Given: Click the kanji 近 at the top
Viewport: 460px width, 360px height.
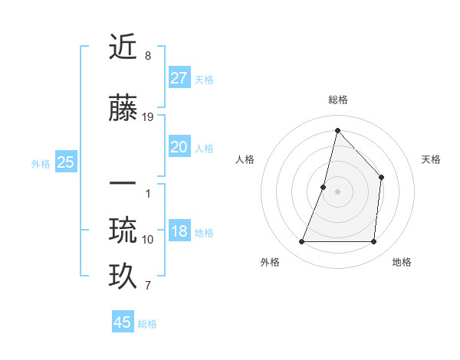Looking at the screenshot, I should coord(123,48).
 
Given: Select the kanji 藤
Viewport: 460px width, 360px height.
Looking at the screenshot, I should coord(123,110).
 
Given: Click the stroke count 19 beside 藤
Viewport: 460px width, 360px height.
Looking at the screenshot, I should coord(148,117).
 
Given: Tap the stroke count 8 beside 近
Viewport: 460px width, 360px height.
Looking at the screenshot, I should coord(148,56).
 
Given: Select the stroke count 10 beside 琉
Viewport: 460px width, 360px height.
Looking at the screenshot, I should coord(148,240).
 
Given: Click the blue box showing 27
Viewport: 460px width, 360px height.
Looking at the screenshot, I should coord(179,77).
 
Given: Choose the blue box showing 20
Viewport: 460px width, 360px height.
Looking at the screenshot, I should coord(179,147).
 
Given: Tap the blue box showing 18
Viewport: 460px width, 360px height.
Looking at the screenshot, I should coord(179,231).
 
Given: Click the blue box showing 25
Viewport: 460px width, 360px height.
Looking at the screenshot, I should coord(66,162).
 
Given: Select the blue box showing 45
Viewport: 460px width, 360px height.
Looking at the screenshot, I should coord(123,322).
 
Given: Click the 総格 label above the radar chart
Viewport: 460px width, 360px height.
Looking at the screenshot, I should coord(338,100).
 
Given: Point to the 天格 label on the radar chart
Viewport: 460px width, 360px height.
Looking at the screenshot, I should coord(431,159).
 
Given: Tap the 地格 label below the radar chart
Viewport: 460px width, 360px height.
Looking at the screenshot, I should coord(402,262).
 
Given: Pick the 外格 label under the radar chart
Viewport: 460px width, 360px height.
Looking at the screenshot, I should coord(270,262).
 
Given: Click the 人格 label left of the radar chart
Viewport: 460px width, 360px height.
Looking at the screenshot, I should coord(245,159).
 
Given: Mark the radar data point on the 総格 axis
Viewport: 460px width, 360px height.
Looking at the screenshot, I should coord(337,130).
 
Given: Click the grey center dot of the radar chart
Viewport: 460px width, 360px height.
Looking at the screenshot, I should coord(337,191).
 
